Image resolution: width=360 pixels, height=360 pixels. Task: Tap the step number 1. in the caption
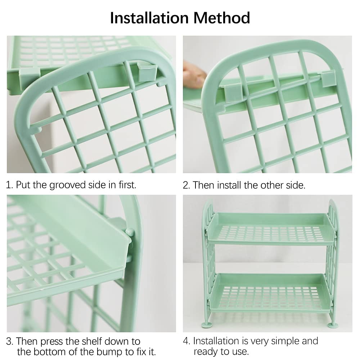click(10, 185)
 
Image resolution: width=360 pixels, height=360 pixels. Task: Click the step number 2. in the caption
click(186, 185)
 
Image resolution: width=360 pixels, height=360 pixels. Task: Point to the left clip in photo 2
click(231, 93)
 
